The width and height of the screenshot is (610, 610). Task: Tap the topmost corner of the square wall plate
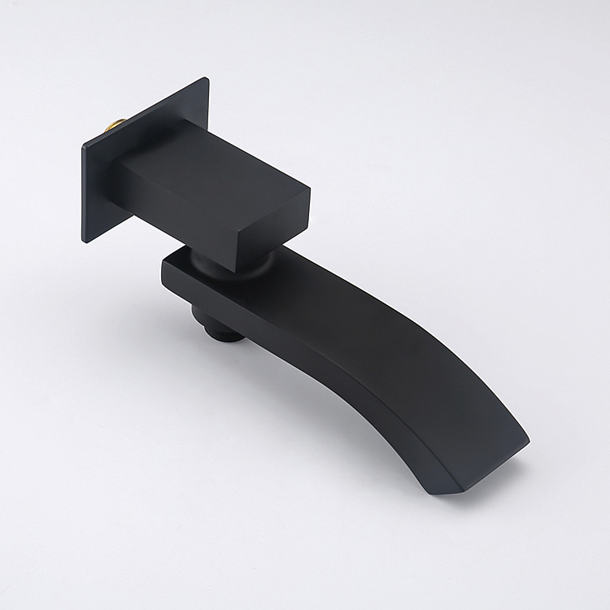click(x=207, y=79)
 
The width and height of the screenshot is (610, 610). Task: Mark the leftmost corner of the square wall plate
click(x=83, y=147)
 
